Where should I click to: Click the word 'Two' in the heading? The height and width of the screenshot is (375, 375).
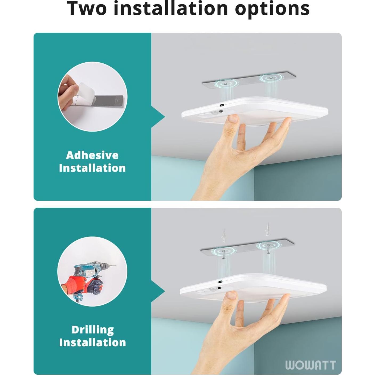point(87,9)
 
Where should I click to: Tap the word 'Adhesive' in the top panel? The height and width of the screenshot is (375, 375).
point(92,155)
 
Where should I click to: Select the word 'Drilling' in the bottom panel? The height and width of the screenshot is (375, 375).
point(93,330)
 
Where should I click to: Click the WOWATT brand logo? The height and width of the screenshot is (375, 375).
point(310,365)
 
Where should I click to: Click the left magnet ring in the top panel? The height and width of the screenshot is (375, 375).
point(226,83)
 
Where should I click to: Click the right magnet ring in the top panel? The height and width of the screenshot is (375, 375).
point(271,78)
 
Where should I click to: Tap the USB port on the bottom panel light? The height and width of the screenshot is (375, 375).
point(220,282)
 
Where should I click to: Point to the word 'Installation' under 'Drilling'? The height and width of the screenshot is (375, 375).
point(93,343)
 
